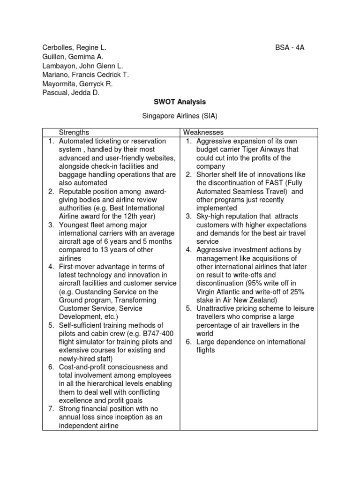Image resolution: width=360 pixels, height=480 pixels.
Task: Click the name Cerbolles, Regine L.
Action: [x=75, y=48]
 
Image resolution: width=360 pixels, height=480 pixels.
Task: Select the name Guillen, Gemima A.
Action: [x=73, y=57]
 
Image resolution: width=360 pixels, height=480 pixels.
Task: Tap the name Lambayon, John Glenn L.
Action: [x=82, y=66]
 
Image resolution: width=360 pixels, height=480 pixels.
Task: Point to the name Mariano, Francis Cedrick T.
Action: [x=85, y=75]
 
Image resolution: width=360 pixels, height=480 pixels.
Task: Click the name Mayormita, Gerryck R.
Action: [x=77, y=83]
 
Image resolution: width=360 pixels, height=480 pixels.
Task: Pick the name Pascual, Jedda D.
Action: [x=71, y=92]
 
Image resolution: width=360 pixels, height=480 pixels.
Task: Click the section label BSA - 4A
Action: [x=289, y=48]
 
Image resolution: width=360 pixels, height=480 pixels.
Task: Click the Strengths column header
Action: [x=74, y=133]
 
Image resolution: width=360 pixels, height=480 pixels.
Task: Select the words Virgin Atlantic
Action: [x=220, y=291]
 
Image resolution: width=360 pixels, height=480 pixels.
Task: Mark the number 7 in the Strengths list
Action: [x=51, y=409]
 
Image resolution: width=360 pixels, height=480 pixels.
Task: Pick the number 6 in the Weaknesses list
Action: [x=188, y=342]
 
